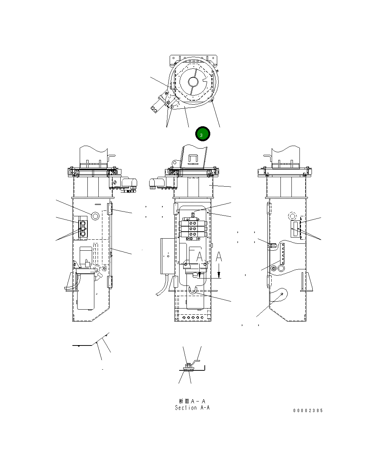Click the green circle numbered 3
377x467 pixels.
tap(202, 134)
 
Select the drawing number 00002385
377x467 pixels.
tap(308, 411)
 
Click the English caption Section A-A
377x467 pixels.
tap(192, 408)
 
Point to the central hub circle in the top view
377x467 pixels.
tap(193, 81)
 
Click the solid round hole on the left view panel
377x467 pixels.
tap(95, 216)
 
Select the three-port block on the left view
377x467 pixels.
tap(83, 229)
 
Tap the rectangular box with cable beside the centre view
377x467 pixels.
tap(167, 256)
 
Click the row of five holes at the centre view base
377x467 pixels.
tap(193, 318)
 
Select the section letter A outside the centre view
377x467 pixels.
tap(219, 257)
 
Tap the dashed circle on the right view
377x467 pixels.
tap(293, 216)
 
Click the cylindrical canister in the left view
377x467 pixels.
tap(86, 290)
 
